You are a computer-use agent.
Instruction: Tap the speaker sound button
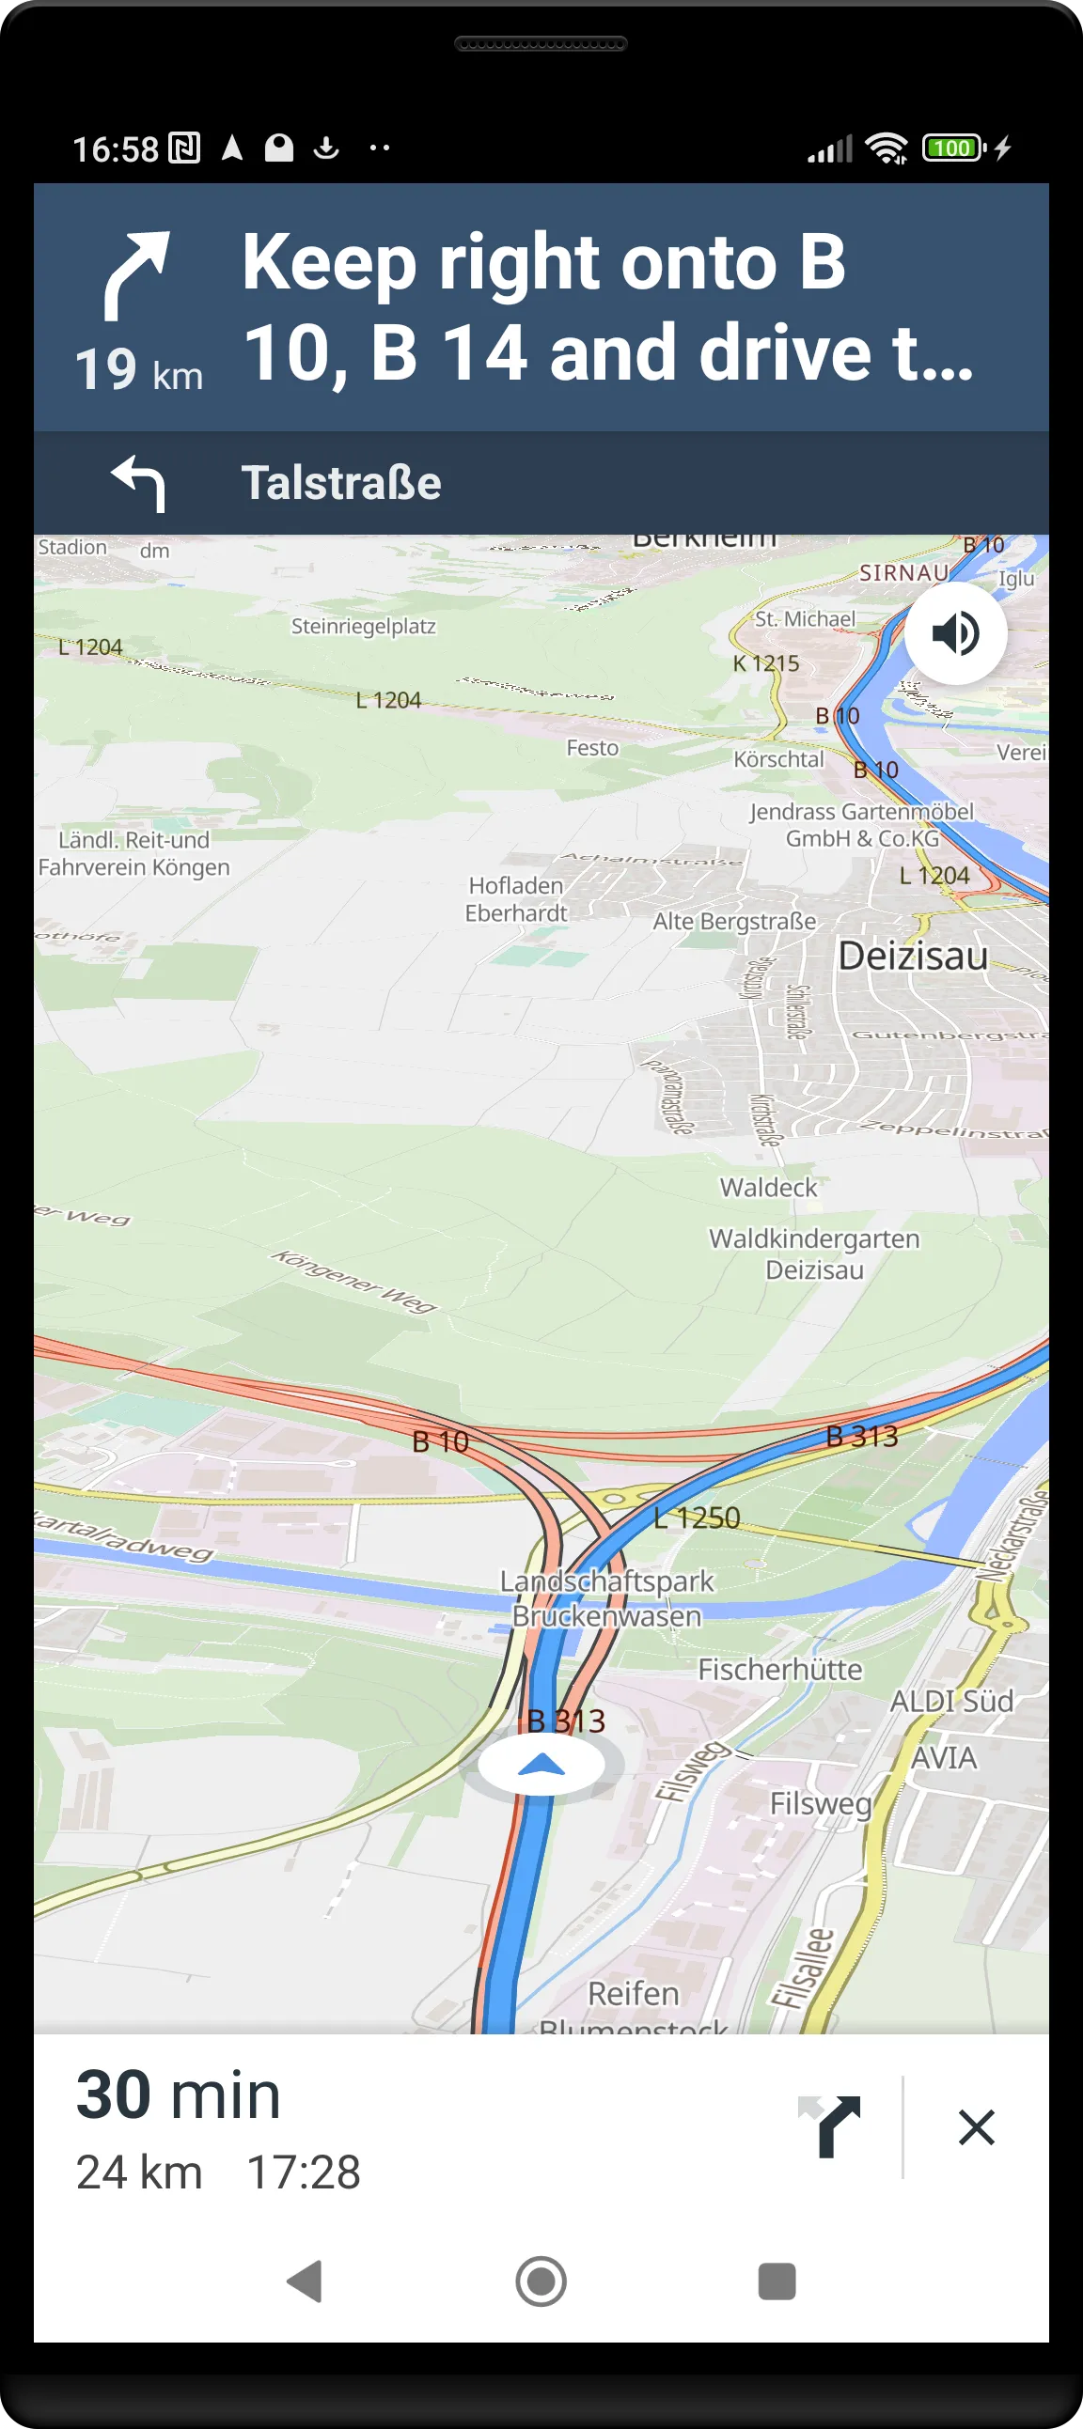pyautogui.click(x=955, y=632)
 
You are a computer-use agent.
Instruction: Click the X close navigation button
pyautogui.click(x=976, y=2126)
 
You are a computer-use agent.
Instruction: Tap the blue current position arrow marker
pyautogui.click(x=541, y=1766)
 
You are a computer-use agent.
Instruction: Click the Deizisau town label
pyautogui.click(x=912, y=957)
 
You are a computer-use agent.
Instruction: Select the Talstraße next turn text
pyautogui.click(x=340, y=483)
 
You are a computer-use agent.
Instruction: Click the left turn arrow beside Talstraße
pyautogui.click(x=139, y=483)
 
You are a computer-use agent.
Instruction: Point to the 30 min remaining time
pyautogui.click(x=179, y=2095)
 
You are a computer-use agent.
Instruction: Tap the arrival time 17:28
pyautogui.click(x=303, y=2172)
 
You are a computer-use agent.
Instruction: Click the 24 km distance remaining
pyautogui.click(x=139, y=2172)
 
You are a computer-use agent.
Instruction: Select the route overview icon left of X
pyautogui.click(x=832, y=2126)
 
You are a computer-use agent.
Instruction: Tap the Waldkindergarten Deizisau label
pyautogui.click(x=814, y=1253)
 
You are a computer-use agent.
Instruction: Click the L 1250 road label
pyautogui.click(x=698, y=1518)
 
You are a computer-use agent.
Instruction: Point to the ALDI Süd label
pyautogui.click(x=951, y=1701)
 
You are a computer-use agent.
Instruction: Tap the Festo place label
pyautogui.click(x=591, y=748)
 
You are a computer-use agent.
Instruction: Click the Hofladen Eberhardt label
pyautogui.click(x=516, y=898)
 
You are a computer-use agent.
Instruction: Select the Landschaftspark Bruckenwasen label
pyautogui.click(x=606, y=1598)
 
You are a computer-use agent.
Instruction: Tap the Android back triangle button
pyautogui.click(x=304, y=2281)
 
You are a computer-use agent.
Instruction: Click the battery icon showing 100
pyautogui.click(x=953, y=148)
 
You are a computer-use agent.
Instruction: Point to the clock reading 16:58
pyautogui.click(x=115, y=149)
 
